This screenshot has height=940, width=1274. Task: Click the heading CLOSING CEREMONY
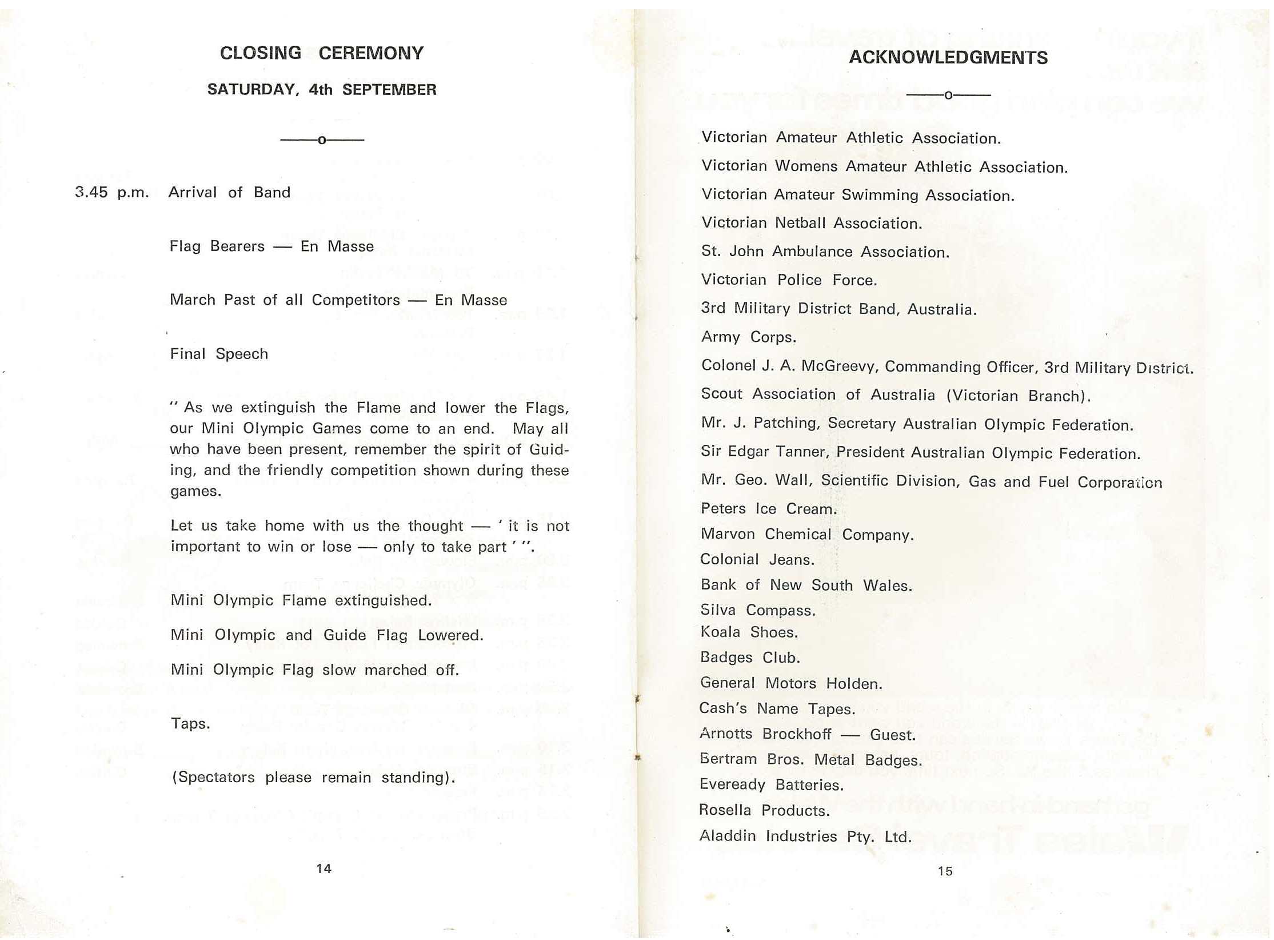[321, 53]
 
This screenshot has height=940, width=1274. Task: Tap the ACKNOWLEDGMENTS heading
[948, 58]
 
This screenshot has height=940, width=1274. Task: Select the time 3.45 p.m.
[111, 193]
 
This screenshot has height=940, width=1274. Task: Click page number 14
[324, 869]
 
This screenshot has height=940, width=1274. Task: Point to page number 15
[945, 871]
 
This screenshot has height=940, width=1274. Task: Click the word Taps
[190, 724]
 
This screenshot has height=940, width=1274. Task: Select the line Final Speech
[219, 354]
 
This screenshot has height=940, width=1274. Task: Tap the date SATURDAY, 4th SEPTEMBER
[321, 90]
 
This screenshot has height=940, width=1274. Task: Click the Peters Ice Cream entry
[768, 508]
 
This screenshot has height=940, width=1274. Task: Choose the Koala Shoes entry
[749, 632]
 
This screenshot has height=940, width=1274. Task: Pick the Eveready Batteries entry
[771, 784]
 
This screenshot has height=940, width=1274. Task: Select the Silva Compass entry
[758, 610]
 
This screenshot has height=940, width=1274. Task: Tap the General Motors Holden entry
[790, 683]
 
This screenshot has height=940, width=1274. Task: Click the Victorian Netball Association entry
[811, 223]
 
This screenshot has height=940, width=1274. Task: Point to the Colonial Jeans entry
[757, 559]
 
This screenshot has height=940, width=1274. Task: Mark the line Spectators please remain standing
[313, 778]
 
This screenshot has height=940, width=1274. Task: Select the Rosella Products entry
[764, 810]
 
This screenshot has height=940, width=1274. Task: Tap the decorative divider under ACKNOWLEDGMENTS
[948, 95]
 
